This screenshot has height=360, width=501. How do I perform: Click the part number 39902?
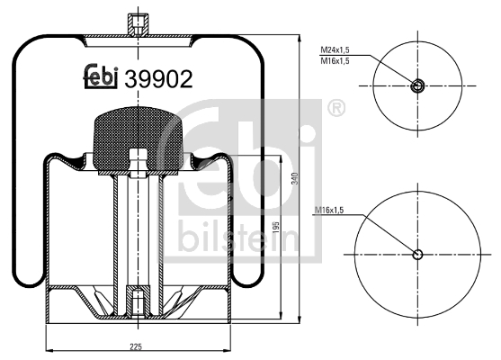tap(158, 79)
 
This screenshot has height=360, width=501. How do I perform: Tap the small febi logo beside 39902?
tap(101, 76)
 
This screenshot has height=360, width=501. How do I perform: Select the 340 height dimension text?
tap(295, 178)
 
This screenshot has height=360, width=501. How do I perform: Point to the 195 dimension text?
tap(277, 227)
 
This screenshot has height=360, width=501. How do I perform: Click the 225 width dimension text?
tap(136, 346)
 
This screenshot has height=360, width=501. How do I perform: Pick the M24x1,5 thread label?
tap(335, 49)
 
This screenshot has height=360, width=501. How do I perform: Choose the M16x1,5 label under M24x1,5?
tap(335, 60)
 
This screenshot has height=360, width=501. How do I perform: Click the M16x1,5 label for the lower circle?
tap(329, 210)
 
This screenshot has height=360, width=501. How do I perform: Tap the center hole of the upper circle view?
tap(417, 85)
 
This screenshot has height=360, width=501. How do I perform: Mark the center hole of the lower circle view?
tap(417, 255)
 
